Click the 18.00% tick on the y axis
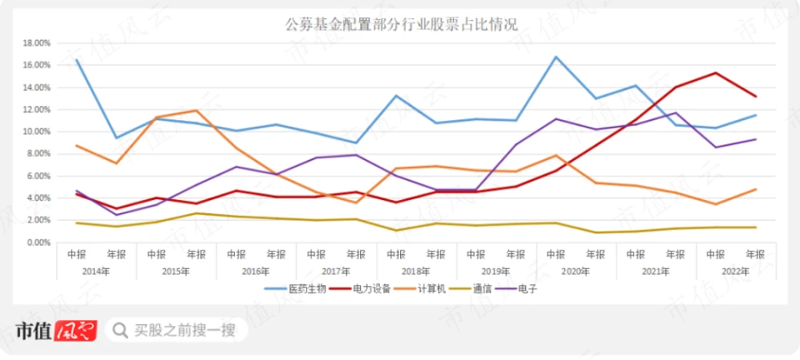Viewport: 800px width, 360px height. [36, 42]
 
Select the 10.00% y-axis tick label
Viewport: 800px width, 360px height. [36, 132]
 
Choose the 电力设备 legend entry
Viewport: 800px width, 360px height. [364, 288]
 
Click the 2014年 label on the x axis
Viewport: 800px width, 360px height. [95, 271]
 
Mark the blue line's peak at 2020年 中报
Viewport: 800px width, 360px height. [556, 57]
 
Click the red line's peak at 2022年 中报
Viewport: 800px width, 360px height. [716, 72]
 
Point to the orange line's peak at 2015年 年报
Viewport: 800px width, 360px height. [197, 110]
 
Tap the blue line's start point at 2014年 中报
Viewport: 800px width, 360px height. [77, 59]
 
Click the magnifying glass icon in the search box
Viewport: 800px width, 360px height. [121, 331]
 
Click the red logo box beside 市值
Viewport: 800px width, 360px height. [76, 331]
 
